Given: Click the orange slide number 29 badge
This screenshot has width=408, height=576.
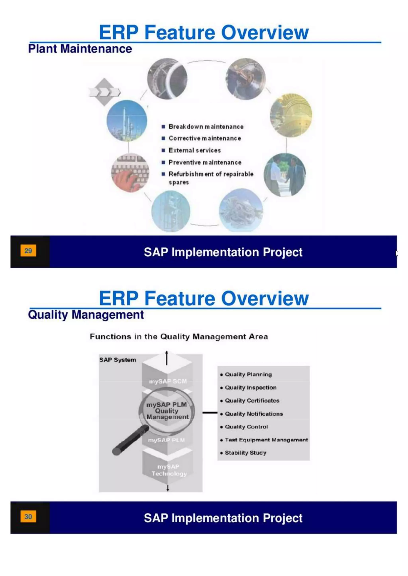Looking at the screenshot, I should pos(28,250).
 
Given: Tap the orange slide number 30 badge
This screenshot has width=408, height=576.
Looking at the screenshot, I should pos(28,516).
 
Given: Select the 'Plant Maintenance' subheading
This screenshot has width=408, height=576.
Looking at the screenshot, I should pos(80,49).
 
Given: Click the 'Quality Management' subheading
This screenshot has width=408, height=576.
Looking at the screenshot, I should pos(86,315).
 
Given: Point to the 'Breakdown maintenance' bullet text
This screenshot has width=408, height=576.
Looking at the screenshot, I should pos(206,127).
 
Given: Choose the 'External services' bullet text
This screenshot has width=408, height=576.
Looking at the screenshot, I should pos(195,150).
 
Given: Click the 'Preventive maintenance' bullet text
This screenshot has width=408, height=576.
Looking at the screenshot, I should pos(205,162).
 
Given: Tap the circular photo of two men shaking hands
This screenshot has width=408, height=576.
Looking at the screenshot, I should pos(285,175).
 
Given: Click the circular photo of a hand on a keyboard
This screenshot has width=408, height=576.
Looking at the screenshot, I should pos(130,173).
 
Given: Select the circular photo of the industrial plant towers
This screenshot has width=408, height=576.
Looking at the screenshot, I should pos(127,120).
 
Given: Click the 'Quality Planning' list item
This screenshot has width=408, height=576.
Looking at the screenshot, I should pos(248,375).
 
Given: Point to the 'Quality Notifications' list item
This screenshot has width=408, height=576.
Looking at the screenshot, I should pos(254,414).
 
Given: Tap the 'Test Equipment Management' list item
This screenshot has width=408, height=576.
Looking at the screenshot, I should pos(266,440).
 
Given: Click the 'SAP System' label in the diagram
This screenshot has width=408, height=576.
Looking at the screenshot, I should pos(118,360).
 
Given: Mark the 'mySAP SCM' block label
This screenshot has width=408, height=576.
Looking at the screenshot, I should pos(168,381).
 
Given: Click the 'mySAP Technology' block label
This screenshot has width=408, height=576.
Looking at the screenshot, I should pos(169,470).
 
